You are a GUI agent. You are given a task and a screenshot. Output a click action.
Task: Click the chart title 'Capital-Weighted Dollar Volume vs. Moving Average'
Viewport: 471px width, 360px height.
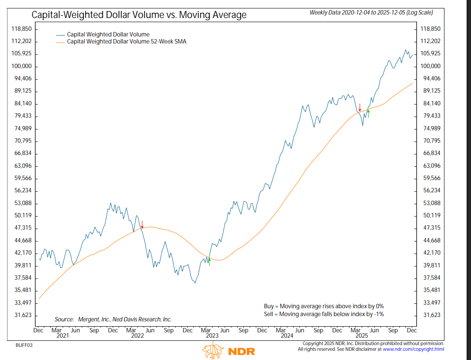[139, 15]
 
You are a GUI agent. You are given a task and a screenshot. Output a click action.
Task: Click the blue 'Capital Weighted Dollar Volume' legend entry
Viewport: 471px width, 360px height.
[108, 34]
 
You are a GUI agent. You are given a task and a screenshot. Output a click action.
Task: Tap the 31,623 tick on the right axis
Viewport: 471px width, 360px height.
[431, 315]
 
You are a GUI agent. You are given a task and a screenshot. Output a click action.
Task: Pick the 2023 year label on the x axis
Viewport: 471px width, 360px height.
[212, 336]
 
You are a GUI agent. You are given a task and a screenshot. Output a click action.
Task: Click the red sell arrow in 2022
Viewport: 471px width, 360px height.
[142, 224]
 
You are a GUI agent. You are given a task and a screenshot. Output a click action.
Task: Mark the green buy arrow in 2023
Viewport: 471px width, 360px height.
[210, 262]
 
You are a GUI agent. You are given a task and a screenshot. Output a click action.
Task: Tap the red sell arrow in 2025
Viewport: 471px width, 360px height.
[360, 107]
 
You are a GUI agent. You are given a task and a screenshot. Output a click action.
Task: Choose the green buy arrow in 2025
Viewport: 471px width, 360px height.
[368, 113]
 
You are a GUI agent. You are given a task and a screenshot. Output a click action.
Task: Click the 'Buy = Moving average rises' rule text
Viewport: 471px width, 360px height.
[323, 306]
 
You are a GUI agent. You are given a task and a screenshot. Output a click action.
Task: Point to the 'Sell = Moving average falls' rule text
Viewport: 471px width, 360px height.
[323, 314]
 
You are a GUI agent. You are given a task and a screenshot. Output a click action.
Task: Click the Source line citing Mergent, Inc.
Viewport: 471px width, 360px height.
[113, 320]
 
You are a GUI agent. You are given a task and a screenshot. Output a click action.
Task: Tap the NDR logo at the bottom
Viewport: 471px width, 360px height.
[228, 351]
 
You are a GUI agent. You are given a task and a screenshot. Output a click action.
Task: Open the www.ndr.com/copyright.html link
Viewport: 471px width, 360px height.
[413, 349]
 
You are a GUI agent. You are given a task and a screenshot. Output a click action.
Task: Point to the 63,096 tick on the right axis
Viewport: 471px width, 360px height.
[431, 166]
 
